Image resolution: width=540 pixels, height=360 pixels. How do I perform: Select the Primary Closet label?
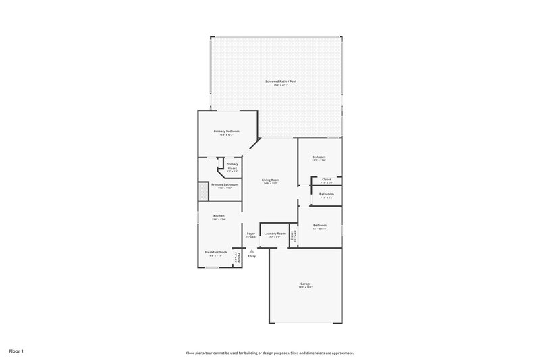pos(232,165)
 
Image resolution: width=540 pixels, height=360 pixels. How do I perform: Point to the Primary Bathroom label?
pos(225,184)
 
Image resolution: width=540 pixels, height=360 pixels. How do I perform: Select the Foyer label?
pos(250,234)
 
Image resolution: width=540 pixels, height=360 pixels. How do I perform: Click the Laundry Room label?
pos(275,234)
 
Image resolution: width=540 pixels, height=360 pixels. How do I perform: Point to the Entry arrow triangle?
pos(252,250)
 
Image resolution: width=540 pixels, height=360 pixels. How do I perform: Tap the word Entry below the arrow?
pos(252,256)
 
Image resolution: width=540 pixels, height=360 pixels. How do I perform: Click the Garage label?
pos(306,284)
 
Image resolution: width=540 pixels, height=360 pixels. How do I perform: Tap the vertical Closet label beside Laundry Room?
pos(292,236)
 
